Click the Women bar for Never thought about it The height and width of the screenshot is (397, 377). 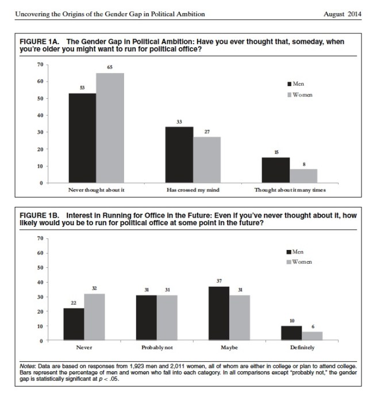pos(110,128)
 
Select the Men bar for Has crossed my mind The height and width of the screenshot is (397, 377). pos(179,155)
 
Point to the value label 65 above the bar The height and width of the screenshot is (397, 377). pos(110,68)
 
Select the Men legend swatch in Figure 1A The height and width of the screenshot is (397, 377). pos(289,84)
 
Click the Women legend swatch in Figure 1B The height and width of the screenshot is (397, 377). pos(289,262)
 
